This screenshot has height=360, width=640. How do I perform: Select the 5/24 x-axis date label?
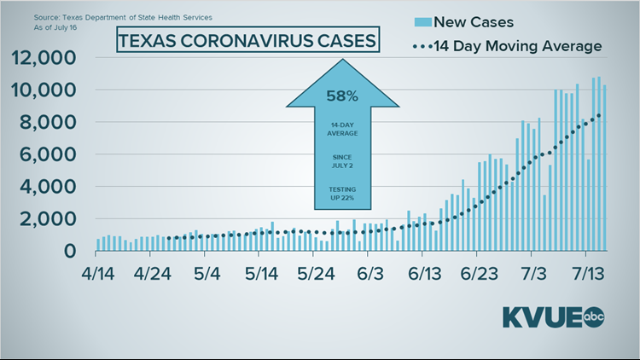(317, 276)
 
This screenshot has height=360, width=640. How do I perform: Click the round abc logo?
(594, 317)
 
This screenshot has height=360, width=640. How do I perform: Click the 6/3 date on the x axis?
(370, 276)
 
